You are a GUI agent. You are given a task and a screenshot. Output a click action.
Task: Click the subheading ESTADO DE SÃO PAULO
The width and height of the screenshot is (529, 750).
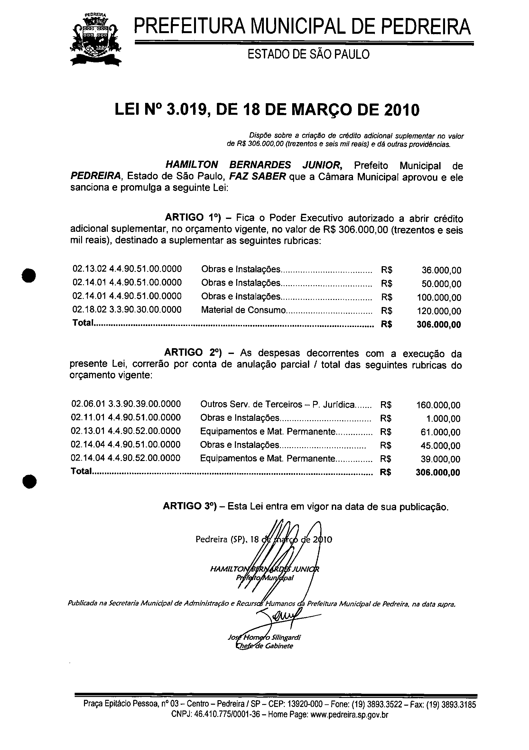coord(308,54)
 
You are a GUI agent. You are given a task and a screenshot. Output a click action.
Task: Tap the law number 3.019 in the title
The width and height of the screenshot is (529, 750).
coord(185,110)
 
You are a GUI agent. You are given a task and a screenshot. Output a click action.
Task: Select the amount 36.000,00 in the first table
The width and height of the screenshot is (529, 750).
coord(441,270)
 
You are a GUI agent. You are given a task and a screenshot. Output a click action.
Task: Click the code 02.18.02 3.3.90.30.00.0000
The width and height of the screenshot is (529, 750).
coord(127,309)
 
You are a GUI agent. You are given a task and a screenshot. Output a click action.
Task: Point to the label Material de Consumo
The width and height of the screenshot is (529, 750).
coord(243,310)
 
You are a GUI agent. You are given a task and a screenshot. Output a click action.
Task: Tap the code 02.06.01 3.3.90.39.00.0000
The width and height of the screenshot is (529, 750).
coord(126,404)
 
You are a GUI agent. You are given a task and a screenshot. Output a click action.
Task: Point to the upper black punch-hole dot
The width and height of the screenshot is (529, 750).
coord(29,275)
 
